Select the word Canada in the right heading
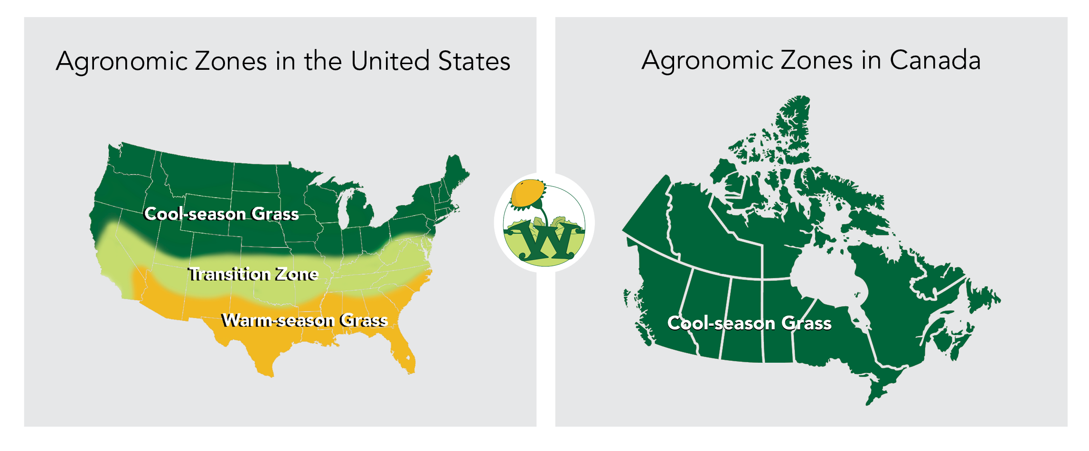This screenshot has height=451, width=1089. [935, 61]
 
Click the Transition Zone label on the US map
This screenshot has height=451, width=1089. [253, 274]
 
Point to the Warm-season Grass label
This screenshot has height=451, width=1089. [304, 320]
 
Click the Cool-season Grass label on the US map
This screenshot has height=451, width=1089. [221, 214]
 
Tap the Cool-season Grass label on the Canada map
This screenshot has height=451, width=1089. [749, 323]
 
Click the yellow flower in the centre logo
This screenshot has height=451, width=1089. [527, 192]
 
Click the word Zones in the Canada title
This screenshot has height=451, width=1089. [817, 61]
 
